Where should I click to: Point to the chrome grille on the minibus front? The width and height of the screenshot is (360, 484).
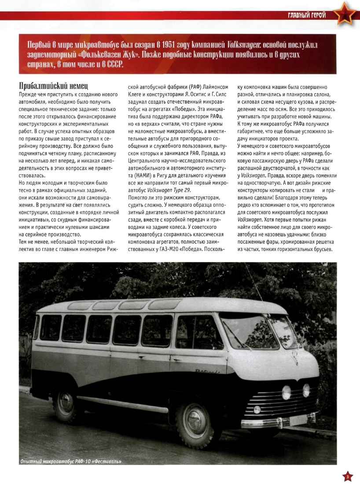coord(286,403)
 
